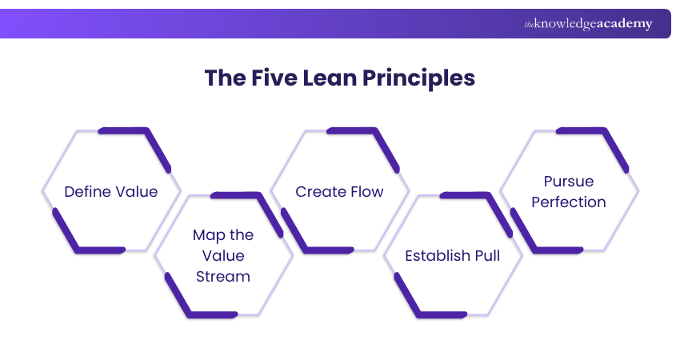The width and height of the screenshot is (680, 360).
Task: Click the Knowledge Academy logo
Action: [x=588, y=24]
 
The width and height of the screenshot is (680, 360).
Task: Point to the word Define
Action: [x=88, y=191]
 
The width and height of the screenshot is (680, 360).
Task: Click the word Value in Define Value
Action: [x=137, y=191]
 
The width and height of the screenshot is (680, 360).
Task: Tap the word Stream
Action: [x=223, y=277]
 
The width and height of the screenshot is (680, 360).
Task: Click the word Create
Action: [x=319, y=191]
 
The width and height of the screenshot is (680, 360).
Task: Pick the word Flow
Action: [x=366, y=191]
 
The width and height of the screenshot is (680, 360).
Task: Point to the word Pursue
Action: [x=569, y=182]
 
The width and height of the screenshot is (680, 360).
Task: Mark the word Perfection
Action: [x=569, y=202]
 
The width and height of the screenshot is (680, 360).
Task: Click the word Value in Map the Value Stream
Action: [x=223, y=256]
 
